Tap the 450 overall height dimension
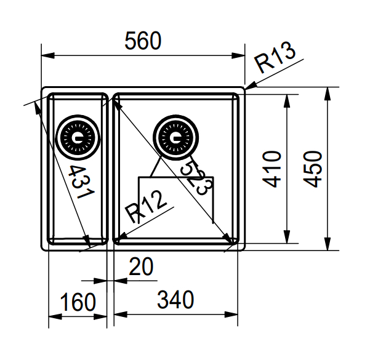[313, 169]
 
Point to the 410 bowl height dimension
[271, 169]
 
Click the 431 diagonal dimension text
[80, 182]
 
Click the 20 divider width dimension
[141, 267]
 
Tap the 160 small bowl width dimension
[78, 302]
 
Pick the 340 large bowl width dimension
[175, 300]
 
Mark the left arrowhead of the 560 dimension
[46, 55]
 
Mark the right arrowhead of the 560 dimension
[241, 55]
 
